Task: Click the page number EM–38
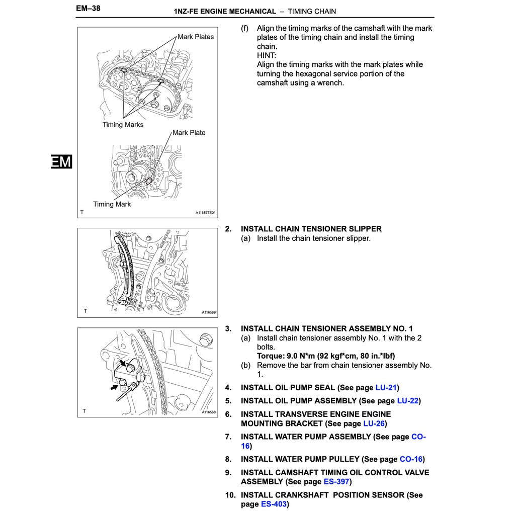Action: click(88, 9)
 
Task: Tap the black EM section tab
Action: click(61, 162)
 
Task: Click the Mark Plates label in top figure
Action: click(196, 37)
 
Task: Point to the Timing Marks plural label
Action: click(123, 125)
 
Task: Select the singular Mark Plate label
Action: click(189, 133)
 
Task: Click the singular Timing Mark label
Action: click(112, 204)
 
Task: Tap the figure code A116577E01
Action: click(205, 213)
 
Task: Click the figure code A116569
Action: click(209, 312)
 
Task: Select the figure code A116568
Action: click(209, 412)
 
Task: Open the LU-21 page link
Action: click(386, 388)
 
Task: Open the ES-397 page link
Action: click(336, 482)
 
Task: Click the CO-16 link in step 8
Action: click(411, 459)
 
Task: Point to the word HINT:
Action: click(267, 55)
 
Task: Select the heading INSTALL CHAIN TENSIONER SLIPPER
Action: click(311, 229)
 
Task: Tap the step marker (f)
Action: click(245, 28)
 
